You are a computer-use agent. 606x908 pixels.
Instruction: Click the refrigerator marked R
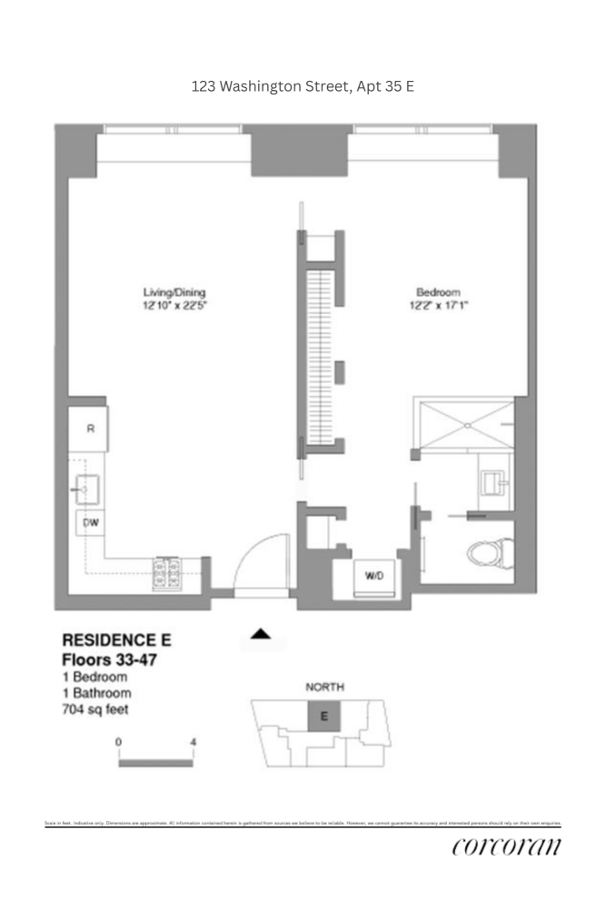click(89, 430)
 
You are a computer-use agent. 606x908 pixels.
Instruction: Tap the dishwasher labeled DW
click(90, 524)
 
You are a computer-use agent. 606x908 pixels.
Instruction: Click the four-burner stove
click(169, 571)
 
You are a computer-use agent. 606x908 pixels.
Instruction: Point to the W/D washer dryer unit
click(373, 577)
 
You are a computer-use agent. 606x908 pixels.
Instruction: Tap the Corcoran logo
click(507, 847)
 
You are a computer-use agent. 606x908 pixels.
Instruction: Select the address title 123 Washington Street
click(303, 87)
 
